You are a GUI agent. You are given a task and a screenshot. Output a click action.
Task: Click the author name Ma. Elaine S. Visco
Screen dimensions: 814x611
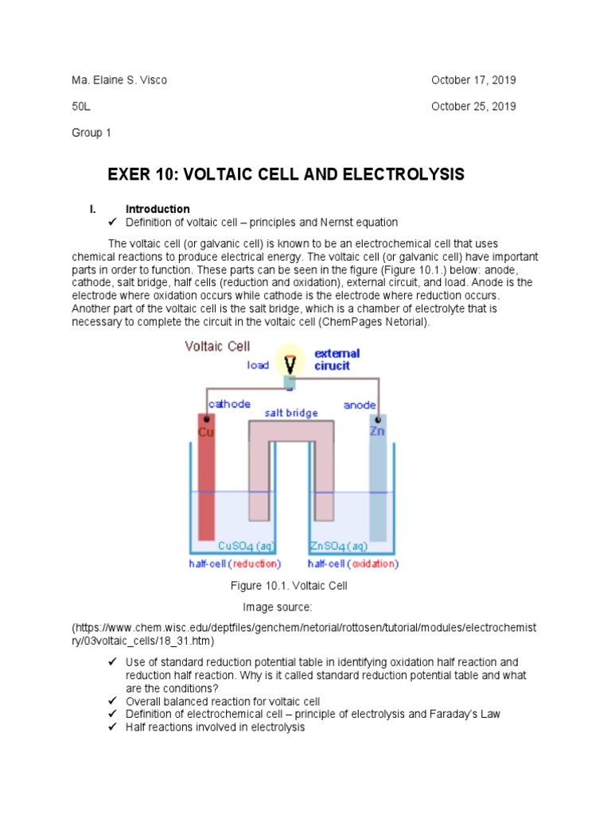click(119, 80)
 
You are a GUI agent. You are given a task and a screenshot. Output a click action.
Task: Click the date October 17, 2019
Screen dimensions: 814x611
click(473, 80)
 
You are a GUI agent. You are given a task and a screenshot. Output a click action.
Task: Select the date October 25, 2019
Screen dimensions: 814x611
click(473, 107)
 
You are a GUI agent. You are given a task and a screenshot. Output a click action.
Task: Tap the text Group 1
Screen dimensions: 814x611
click(91, 133)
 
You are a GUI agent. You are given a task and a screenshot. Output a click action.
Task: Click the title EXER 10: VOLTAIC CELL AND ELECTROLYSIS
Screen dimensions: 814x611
click(286, 175)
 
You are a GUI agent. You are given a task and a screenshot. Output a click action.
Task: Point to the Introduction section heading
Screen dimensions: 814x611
click(158, 209)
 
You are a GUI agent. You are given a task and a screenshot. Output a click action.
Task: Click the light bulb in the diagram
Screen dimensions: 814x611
click(290, 362)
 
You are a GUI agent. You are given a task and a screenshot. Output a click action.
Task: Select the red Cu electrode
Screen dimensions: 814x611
click(207, 477)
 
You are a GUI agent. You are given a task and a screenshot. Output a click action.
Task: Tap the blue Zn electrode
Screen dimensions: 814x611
click(377, 477)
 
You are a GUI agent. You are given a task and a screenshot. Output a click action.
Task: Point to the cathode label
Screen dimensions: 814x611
click(229, 404)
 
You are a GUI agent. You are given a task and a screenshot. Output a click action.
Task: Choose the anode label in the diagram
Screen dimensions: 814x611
click(360, 405)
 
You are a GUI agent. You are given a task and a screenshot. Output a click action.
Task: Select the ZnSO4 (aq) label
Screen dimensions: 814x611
click(337, 547)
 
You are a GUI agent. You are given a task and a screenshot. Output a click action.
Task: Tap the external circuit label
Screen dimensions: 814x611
click(337, 360)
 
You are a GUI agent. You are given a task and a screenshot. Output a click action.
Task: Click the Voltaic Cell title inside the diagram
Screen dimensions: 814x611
click(217, 347)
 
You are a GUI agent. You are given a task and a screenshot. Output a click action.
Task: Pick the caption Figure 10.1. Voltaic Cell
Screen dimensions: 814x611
click(289, 586)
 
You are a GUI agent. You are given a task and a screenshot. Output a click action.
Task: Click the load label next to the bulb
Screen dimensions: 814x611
click(258, 366)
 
